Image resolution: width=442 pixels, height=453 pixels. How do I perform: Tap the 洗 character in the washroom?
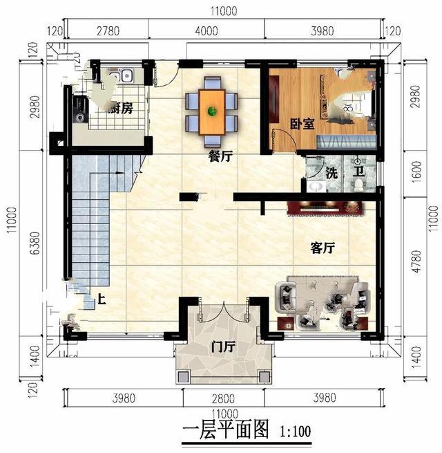332,173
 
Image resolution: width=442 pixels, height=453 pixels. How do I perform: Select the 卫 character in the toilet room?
361,173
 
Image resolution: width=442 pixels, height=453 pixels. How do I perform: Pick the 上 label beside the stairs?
101,300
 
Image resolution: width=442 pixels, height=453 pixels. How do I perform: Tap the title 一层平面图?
224,431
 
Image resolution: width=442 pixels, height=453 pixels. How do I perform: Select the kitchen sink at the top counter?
126,74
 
